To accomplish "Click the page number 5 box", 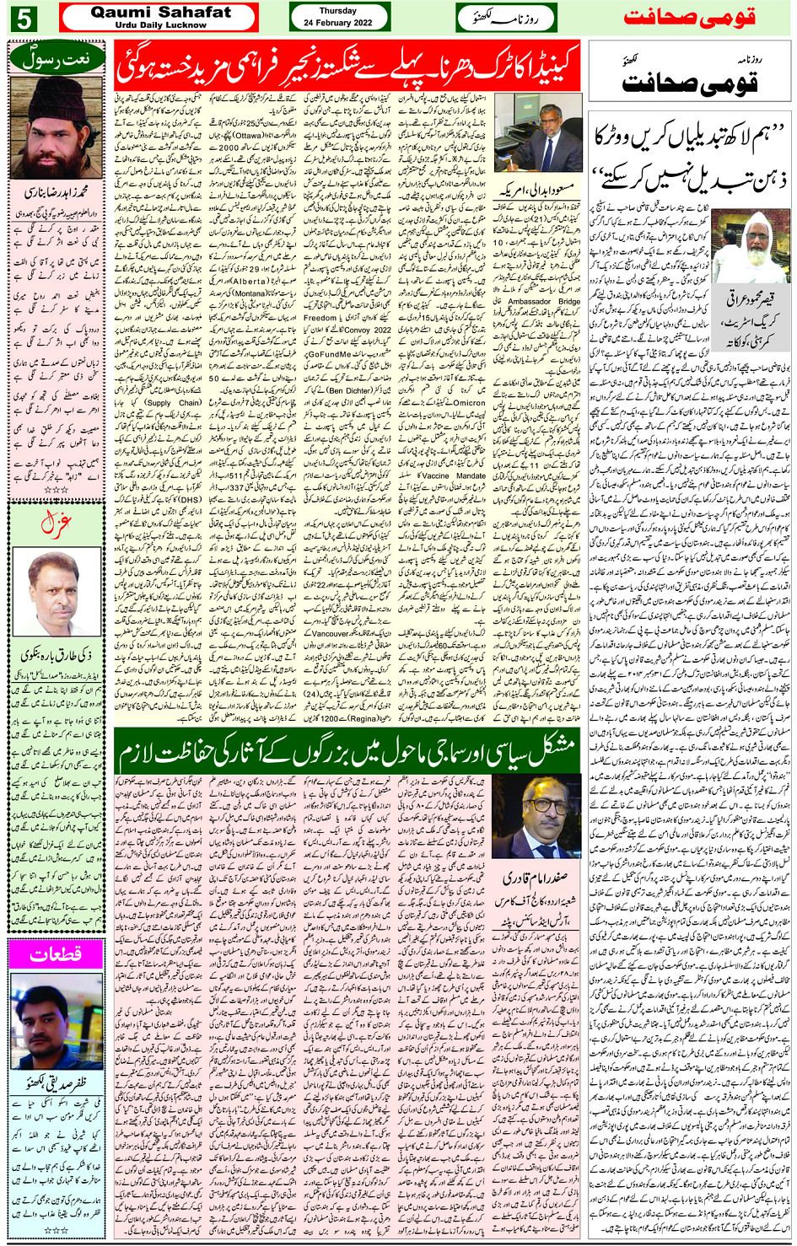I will pyautogui.click(x=23, y=18).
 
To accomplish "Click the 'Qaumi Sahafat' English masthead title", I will pyautogui.click(x=160, y=12).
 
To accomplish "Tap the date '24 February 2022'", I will pyautogui.click(x=338, y=23).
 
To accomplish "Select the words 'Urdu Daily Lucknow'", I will pyautogui.click(x=160, y=25).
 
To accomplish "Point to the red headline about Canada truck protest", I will pyautogui.click(x=347, y=67).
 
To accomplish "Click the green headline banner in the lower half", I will pyautogui.click(x=347, y=749).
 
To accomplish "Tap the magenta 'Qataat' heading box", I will pyautogui.click(x=56, y=954).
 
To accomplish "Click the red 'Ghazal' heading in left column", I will pyautogui.click(x=56, y=524).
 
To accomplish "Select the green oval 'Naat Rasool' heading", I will pyautogui.click(x=56, y=58).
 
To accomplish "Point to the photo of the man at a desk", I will pyautogui.click(x=537, y=132).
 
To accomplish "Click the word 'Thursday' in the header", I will pyautogui.click(x=338, y=11).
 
